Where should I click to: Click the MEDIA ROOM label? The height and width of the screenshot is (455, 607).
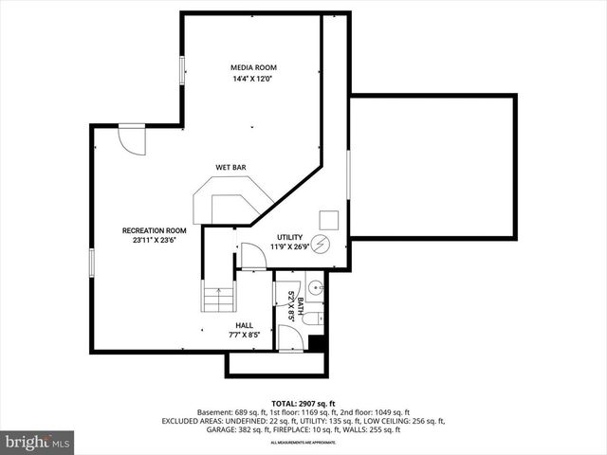[x=251, y=67]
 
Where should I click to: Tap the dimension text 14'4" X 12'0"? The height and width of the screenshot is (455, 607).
[x=251, y=79]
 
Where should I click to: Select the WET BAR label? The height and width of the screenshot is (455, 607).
[x=230, y=168]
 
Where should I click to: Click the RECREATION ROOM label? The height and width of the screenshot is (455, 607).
[x=154, y=230]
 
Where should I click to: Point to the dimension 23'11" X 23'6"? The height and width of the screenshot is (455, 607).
[x=154, y=241]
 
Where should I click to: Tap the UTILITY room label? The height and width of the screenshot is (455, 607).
[x=289, y=237]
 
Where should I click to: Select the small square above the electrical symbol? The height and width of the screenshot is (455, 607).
[x=328, y=217]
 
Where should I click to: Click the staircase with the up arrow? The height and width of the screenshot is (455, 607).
[x=217, y=298]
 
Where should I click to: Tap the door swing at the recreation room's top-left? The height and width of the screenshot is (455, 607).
[x=132, y=140]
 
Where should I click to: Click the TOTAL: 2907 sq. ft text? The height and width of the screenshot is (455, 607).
[x=303, y=404]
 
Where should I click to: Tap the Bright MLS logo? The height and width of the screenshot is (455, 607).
[x=37, y=442]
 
